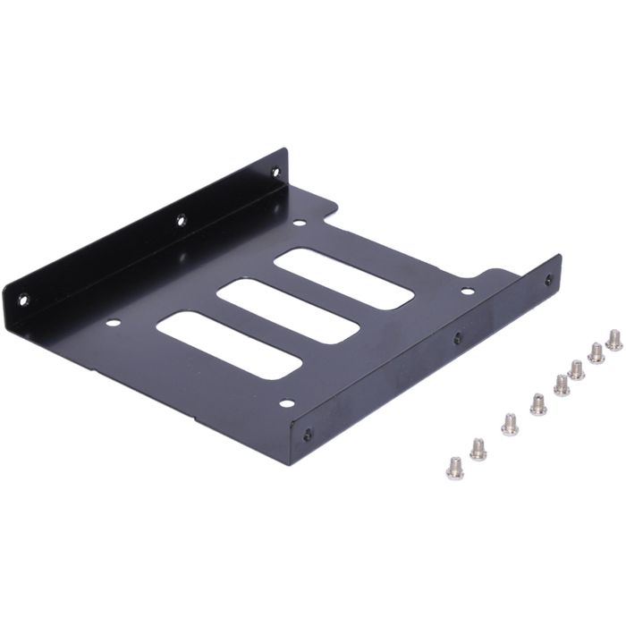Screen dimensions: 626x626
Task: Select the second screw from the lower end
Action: pyautogui.click(x=478, y=449)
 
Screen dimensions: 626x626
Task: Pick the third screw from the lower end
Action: pyautogui.click(x=510, y=424)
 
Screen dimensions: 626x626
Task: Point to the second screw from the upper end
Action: pyautogui.click(x=596, y=353)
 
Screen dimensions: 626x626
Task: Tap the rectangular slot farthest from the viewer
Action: pyautogui.click(x=344, y=278)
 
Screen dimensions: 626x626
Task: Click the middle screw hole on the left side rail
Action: pyautogui.click(x=181, y=218)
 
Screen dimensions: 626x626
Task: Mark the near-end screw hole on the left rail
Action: pyautogui.click(x=24, y=299)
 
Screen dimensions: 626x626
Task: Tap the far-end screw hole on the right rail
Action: pyautogui.click(x=548, y=280)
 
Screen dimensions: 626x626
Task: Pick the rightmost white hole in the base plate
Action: pyautogui.click(x=467, y=291)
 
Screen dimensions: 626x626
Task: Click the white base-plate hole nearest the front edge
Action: pyautogui.click(x=286, y=404)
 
